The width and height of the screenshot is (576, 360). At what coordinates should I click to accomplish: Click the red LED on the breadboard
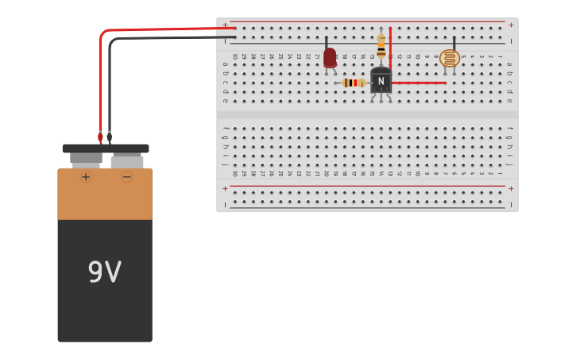330,57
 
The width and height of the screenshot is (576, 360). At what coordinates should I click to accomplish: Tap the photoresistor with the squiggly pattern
450,58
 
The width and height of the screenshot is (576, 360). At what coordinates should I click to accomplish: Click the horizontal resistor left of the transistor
353,83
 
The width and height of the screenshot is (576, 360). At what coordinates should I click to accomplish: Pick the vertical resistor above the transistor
381,46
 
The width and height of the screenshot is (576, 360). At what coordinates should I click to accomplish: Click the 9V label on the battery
104,273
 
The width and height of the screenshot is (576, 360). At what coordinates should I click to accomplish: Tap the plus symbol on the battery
86,176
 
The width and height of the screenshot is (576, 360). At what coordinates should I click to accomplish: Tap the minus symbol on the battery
127,176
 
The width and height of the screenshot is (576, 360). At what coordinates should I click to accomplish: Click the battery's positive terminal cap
86,159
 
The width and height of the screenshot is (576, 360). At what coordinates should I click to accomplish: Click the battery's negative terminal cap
127,161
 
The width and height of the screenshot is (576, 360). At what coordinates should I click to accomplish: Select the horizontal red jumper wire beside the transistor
419,83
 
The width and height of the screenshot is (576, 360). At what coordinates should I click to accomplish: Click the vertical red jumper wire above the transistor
390,48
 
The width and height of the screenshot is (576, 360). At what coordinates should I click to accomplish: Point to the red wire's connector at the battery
100,137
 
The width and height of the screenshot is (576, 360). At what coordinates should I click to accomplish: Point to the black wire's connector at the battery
110,137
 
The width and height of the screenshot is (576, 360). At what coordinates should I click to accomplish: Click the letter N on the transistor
381,81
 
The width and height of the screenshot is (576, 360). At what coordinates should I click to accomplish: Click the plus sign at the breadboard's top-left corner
225,25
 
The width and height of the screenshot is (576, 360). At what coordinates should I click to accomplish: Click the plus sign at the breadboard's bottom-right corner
511,188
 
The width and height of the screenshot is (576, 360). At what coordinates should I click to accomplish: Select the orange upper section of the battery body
105,194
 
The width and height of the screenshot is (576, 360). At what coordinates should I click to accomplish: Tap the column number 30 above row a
234,56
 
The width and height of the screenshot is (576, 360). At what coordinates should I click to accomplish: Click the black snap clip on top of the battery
106,149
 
